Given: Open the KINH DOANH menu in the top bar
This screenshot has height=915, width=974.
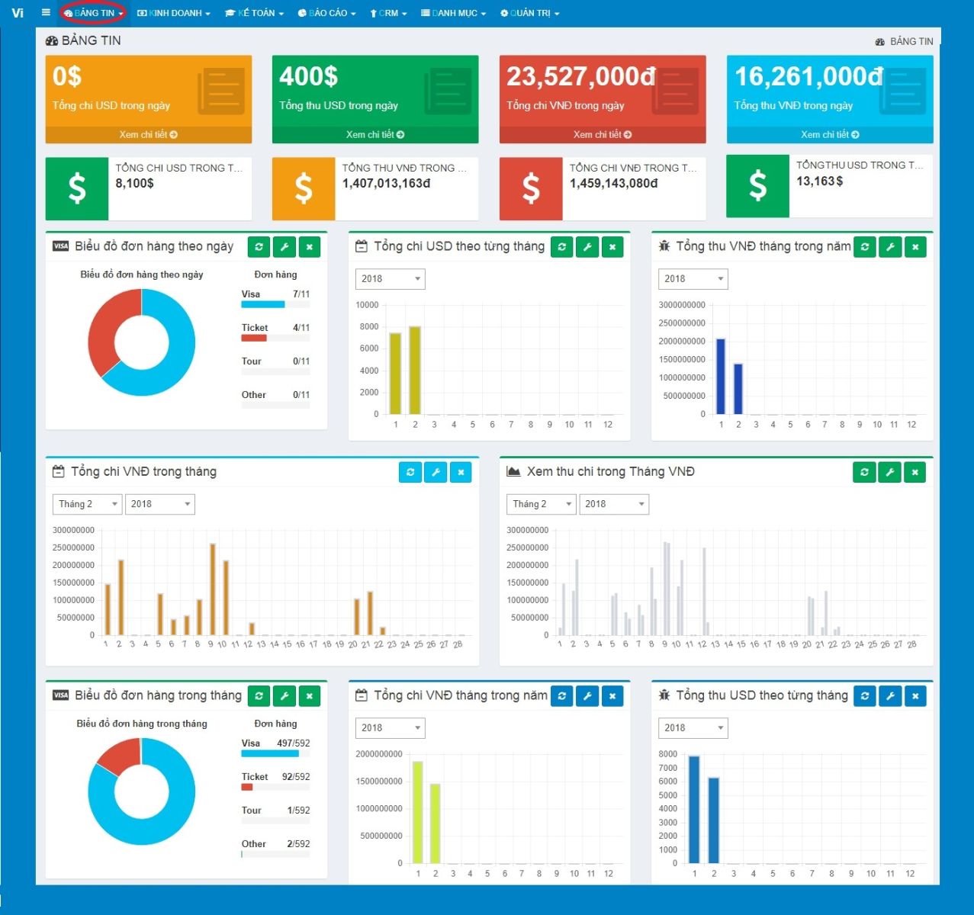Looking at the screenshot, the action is point(174,13).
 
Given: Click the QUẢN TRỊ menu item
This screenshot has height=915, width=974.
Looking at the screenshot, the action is point(529,13).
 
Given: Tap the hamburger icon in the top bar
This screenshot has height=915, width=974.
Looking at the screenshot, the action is point(46,12).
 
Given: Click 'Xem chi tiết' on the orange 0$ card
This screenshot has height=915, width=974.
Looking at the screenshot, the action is point(148,134).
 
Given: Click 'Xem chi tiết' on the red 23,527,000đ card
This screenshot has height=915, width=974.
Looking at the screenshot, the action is point(603,134).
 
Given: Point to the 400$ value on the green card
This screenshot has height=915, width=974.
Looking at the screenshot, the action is point(308,76).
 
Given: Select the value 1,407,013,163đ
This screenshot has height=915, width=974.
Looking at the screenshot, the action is point(386,184).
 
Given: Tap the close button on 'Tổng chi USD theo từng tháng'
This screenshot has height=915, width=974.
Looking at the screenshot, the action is point(612,246).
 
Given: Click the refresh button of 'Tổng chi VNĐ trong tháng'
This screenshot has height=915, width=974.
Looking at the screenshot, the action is point(410,472).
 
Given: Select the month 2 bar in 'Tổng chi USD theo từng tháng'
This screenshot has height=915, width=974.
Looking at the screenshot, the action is point(415,371).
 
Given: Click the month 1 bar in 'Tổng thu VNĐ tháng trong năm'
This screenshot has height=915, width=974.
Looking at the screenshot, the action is point(721,377).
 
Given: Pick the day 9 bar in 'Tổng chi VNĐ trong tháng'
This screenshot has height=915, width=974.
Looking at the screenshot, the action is point(212,589).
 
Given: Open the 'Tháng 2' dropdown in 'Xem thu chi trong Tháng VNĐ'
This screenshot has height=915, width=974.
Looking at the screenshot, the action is point(541,504).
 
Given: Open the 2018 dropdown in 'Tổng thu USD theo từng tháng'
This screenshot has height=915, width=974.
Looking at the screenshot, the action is point(693,728).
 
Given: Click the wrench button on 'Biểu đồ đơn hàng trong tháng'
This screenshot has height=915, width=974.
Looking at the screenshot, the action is point(284,696).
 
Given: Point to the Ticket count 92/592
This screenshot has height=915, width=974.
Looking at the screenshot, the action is point(296,777).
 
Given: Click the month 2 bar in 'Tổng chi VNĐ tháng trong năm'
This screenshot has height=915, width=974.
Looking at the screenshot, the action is point(435,823).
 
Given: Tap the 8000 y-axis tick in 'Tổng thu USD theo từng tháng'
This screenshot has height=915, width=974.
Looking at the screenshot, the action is point(667,754).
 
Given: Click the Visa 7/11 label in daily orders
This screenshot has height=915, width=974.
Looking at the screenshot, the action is point(275,294).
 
